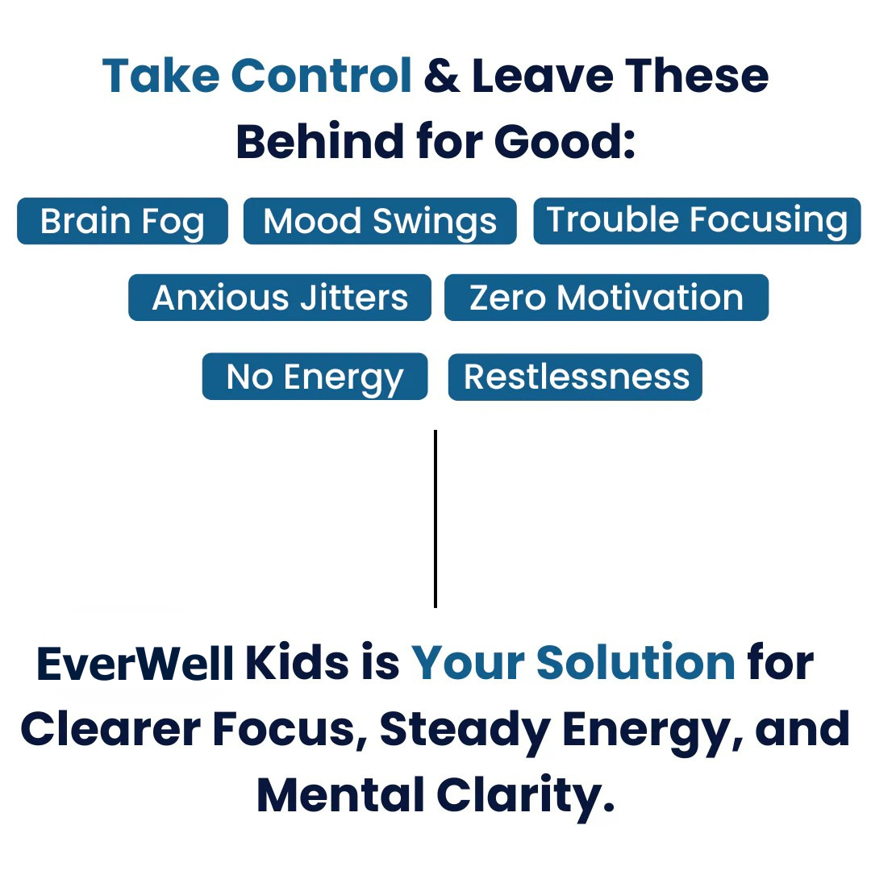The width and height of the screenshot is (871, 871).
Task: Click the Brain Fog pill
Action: coord(123,220)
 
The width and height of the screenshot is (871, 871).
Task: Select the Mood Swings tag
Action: coord(380,220)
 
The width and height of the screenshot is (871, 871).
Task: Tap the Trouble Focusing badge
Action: coord(697,220)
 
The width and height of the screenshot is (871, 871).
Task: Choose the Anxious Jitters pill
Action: coord(280,297)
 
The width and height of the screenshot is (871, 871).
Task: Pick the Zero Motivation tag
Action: coord(606,297)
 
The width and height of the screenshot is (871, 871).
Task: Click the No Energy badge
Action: coord(315,376)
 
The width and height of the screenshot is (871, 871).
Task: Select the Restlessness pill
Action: coord(576,377)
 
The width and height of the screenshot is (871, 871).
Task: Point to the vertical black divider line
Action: coord(435,519)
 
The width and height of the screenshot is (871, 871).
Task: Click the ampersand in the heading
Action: coord(442,76)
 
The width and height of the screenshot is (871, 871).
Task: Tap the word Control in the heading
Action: coord(321,75)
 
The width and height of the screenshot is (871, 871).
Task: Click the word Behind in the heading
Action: coord(320,141)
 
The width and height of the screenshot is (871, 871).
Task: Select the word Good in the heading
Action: coord(565,141)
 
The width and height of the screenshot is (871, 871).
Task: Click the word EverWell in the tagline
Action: coord(135,663)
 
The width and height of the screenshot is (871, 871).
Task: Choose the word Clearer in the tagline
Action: coord(110,729)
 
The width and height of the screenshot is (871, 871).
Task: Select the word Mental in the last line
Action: coord(340,794)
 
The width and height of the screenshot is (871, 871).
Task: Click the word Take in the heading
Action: coord(161,75)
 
